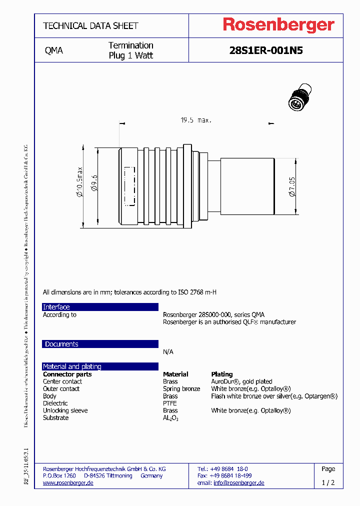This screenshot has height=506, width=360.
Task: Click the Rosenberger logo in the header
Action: tap(278, 25)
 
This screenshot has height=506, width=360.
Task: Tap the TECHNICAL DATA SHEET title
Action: tap(90, 25)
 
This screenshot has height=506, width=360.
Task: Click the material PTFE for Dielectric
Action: tap(170, 403)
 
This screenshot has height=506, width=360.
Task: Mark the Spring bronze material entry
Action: tap(181, 389)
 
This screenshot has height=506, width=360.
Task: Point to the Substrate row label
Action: tap(55, 418)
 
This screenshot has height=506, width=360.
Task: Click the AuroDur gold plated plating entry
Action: tap(241, 381)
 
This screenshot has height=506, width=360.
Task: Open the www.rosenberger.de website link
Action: tap(68, 483)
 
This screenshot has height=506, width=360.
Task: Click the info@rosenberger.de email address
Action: tap(238, 483)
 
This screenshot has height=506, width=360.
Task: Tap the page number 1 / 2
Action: tap(328, 483)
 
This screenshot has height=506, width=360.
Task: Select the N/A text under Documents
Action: tap(168, 352)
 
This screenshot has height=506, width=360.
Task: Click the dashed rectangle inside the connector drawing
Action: tap(129, 186)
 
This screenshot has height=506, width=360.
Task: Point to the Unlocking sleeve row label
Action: tap(65, 410)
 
